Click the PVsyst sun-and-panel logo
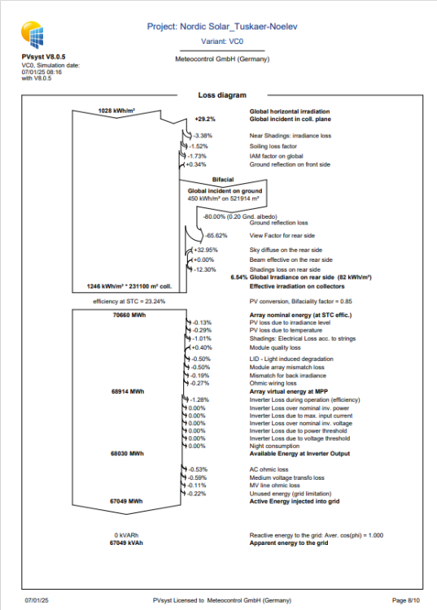pyautogui.click(x=35, y=35)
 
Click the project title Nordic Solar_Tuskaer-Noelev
pyautogui.click(x=223, y=27)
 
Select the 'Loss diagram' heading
pyautogui.click(x=222, y=95)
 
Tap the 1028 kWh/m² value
pyautogui.click(x=116, y=111)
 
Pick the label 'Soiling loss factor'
pyautogui.click(x=275, y=146)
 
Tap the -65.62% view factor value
pyautogui.click(x=215, y=235)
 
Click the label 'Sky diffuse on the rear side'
pyautogui.click(x=285, y=250)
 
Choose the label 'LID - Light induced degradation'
pyautogui.click(x=291, y=359)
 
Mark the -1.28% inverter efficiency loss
pyautogui.click(x=199, y=400)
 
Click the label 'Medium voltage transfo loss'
pyautogui.click(x=286, y=477)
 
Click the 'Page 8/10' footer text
pyautogui.click(x=404, y=599)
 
